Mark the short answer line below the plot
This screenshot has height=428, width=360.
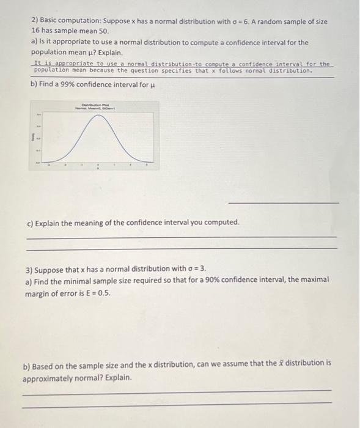[x=283, y=203]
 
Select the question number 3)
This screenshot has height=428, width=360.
[x=29, y=269]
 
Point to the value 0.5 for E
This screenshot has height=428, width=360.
[x=104, y=291]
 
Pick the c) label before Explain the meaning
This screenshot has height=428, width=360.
[x=31, y=222]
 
